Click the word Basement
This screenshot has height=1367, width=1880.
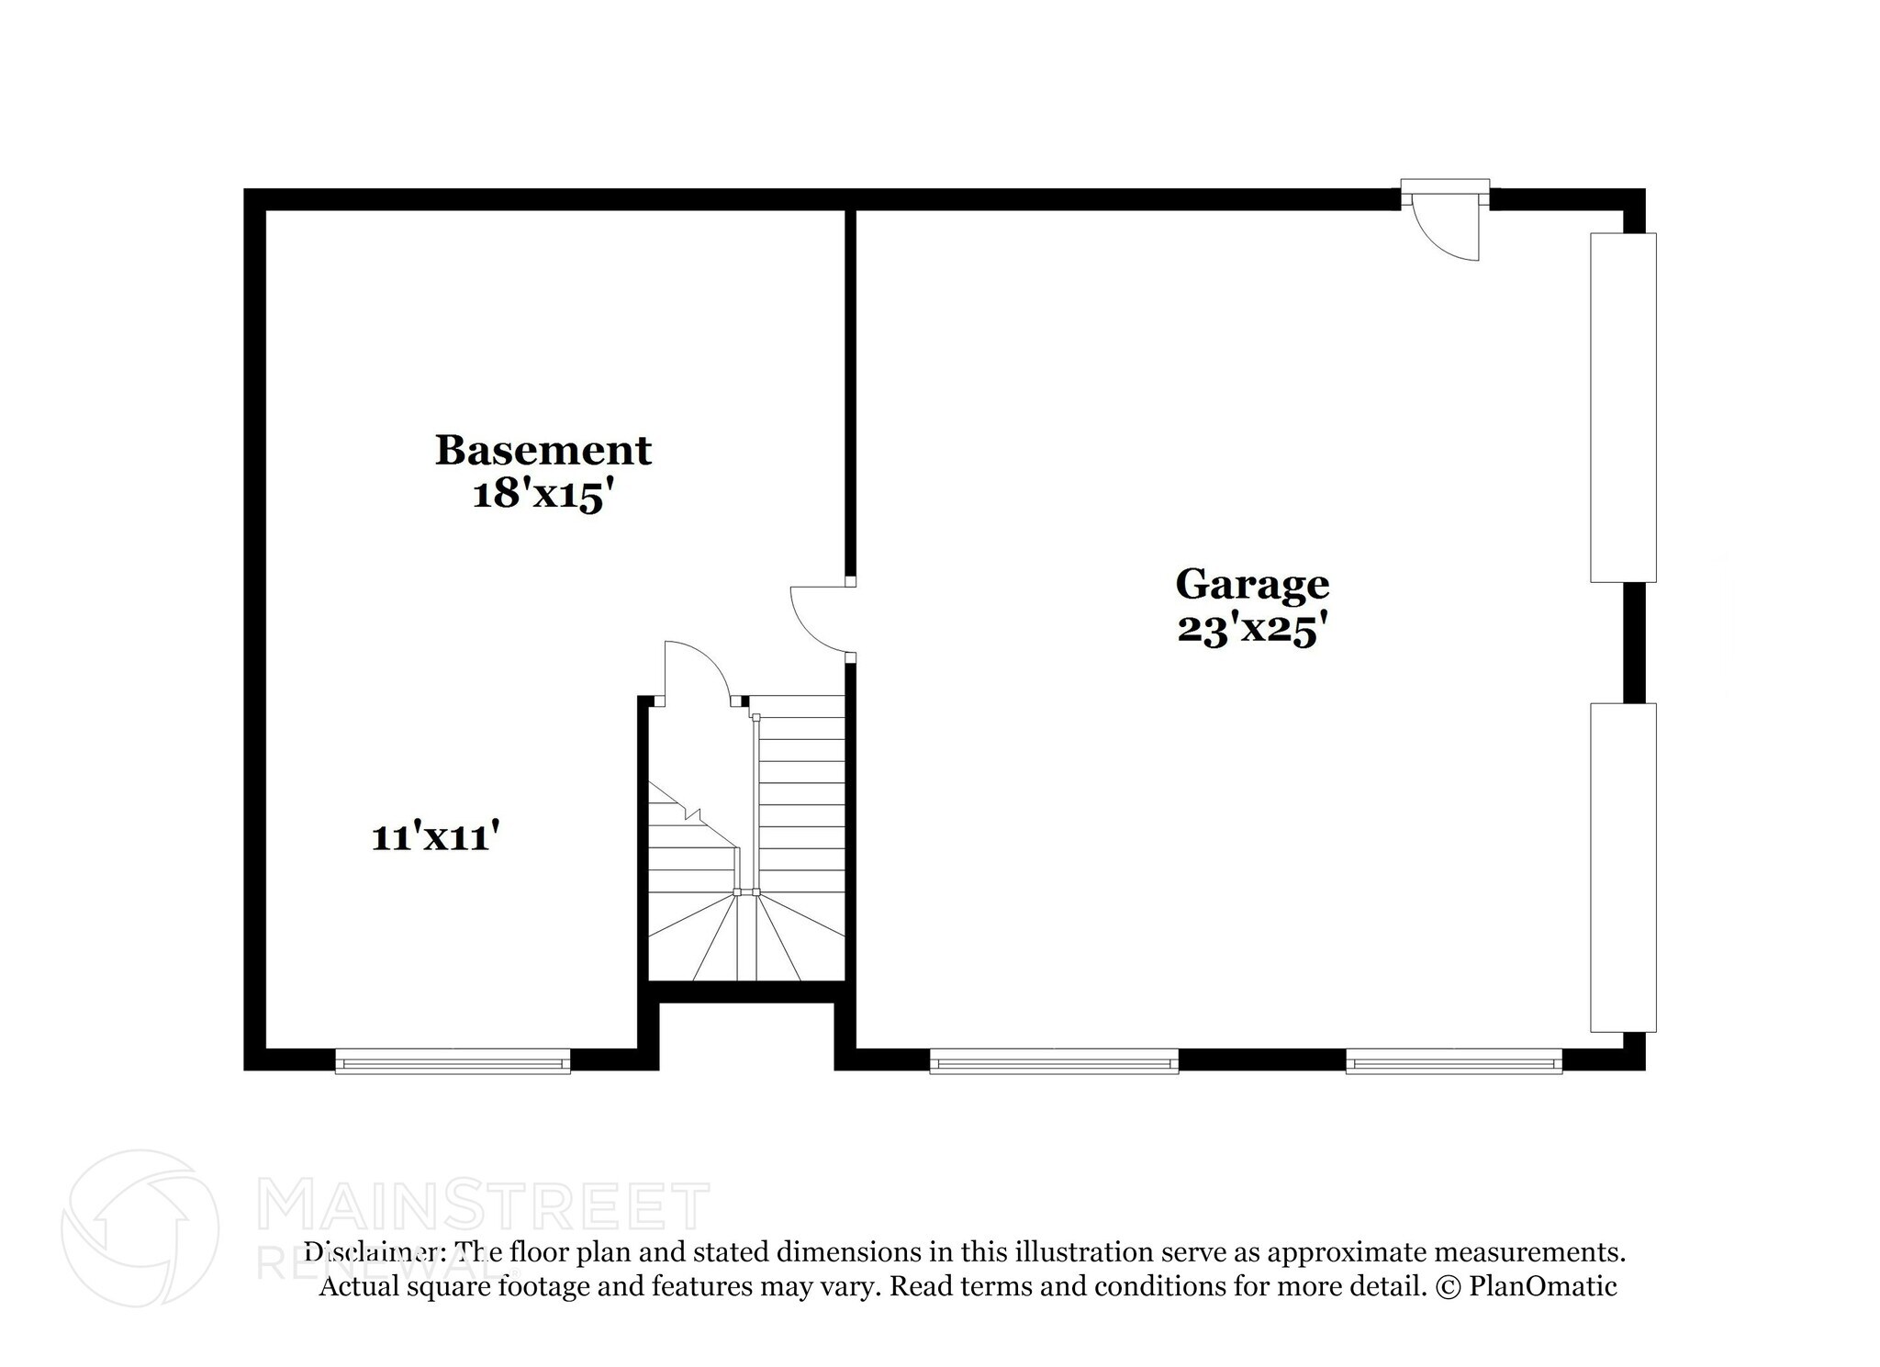[543, 450]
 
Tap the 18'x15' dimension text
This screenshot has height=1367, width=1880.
[542, 496]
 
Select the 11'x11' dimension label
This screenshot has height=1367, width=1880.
[435, 837]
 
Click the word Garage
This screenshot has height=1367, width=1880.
[1252, 584]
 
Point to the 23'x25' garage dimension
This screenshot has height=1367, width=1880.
[1252, 630]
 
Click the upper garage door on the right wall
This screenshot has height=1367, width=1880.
[1623, 408]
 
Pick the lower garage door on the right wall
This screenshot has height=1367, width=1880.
[1623, 867]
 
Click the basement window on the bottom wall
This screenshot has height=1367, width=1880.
[453, 1062]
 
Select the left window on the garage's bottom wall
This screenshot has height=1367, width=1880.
[1054, 1062]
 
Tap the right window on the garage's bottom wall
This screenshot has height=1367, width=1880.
[1454, 1062]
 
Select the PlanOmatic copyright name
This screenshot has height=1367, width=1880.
[1543, 1286]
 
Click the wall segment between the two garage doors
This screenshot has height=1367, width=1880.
[1634, 643]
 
